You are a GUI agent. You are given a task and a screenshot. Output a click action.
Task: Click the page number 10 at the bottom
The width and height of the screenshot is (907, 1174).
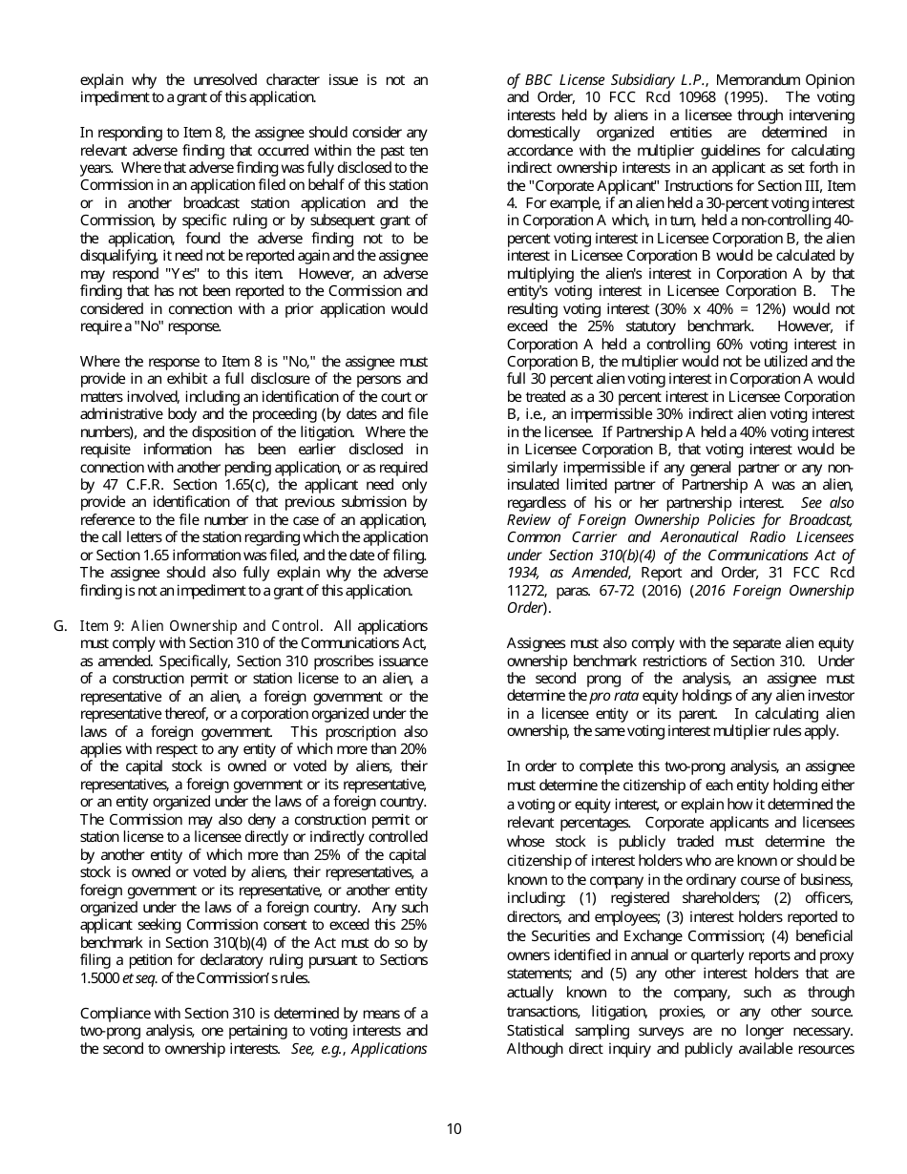click(x=453, y=1129)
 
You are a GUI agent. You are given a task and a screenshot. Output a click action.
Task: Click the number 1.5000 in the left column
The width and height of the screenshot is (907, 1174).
click(x=98, y=978)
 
